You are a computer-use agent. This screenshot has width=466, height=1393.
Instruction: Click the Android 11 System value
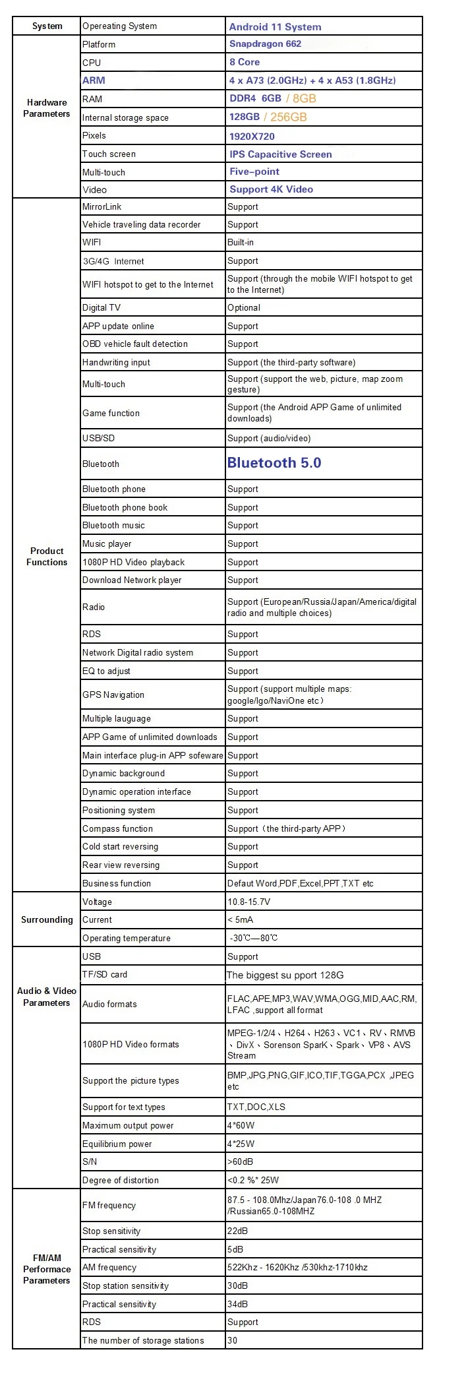point(275,27)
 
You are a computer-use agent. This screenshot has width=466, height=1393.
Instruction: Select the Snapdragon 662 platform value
point(265,44)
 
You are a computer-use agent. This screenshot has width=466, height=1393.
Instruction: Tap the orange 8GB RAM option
point(304,98)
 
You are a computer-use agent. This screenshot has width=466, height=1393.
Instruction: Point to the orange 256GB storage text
point(288,117)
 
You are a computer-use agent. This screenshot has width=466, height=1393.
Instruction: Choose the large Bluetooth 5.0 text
point(274,463)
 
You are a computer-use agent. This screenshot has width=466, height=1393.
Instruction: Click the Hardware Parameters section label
point(47,108)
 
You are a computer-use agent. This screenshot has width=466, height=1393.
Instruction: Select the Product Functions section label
point(47,556)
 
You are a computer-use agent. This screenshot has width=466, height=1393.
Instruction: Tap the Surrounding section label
point(47,919)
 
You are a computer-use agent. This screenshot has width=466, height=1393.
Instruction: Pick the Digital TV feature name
point(102,307)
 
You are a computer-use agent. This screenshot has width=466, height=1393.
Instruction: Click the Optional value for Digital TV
point(244,307)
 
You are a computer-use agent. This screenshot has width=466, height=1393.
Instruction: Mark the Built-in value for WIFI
point(241,242)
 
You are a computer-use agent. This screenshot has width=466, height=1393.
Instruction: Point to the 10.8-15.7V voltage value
point(248,902)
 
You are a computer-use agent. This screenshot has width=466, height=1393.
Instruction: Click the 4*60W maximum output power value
point(241,1125)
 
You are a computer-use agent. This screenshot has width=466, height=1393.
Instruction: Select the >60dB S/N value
point(241,1161)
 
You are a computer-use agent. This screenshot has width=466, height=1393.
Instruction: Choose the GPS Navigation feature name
point(113,695)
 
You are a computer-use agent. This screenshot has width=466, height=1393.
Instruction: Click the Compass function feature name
point(117,828)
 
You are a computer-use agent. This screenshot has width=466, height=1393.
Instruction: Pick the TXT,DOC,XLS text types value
point(256,1107)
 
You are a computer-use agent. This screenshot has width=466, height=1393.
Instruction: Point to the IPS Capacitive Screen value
point(281,154)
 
